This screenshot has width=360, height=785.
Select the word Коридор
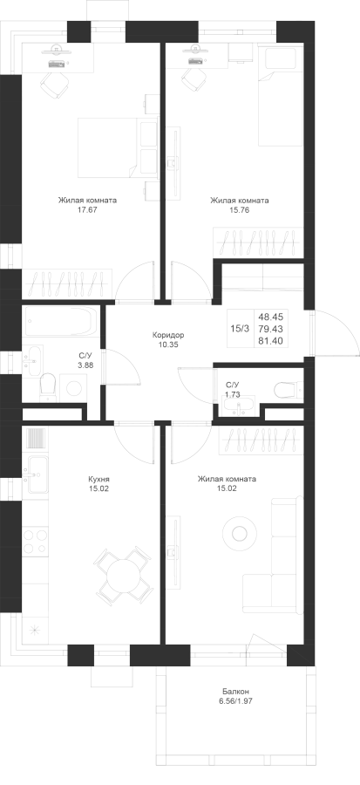click(167, 334)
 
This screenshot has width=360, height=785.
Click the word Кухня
click(98, 479)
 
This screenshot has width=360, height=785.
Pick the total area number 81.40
click(270, 340)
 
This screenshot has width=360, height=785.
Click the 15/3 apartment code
click(239, 329)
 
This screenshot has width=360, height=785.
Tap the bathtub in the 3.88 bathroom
click(60, 322)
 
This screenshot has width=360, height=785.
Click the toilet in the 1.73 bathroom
click(286, 389)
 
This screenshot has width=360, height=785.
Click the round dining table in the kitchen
click(122, 576)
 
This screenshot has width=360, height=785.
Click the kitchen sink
click(36, 474)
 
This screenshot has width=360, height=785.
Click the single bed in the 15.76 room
click(281, 94)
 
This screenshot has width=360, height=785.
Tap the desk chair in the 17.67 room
click(55, 85)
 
